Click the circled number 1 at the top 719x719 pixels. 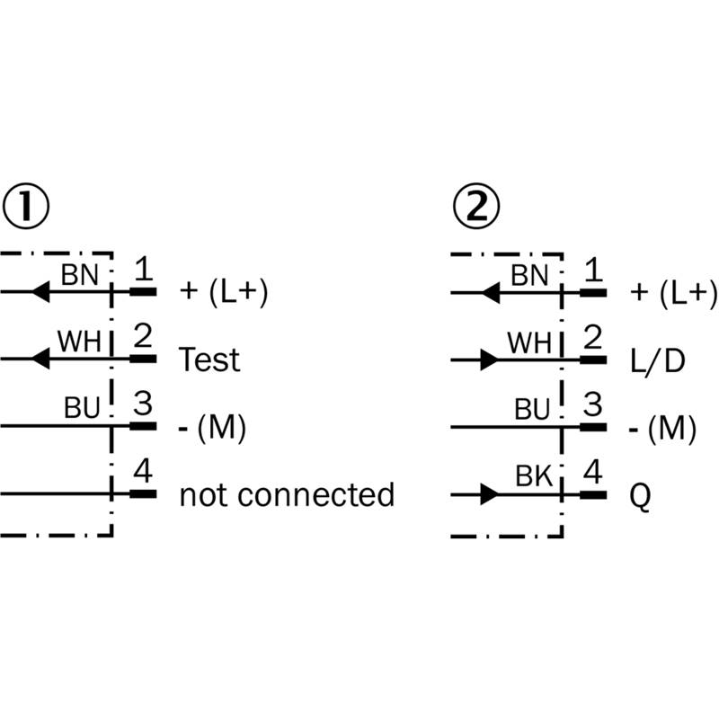pyautogui.click(x=25, y=208)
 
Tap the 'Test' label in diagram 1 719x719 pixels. pyautogui.click(x=209, y=360)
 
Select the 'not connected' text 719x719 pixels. pyautogui.click(x=287, y=494)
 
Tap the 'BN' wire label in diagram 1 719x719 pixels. pyautogui.click(x=80, y=274)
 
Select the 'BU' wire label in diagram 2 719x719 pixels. pyautogui.click(x=532, y=410)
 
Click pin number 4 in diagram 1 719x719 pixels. pyautogui.click(x=143, y=471)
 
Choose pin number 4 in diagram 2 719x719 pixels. pyautogui.click(x=592, y=471)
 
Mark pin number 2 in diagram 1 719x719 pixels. pyautogui.click(x=142, y=337)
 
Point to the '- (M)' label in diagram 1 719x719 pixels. pyautogui.click(x=213, y=429)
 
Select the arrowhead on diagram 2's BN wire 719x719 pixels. pyautogui.click(x=490, y=292)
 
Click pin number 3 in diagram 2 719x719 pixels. pyautogui.click(x=592, y=404)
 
